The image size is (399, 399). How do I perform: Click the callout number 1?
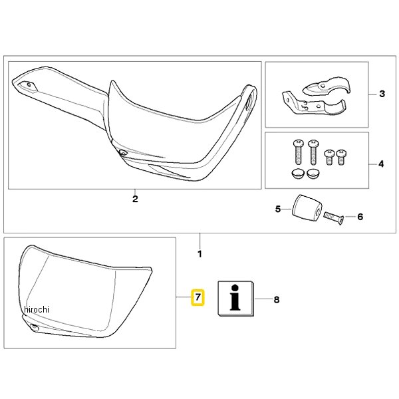199,254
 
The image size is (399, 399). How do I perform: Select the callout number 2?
135,199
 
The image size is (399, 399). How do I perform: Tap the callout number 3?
382,94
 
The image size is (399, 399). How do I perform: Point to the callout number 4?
381,164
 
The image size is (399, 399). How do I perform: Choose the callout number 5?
278,209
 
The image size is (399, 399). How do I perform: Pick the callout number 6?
360,217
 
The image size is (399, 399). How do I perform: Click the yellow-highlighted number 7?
198,297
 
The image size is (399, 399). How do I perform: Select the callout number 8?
277,300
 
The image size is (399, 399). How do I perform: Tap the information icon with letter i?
235,298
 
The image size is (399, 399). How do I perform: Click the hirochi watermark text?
37,309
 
